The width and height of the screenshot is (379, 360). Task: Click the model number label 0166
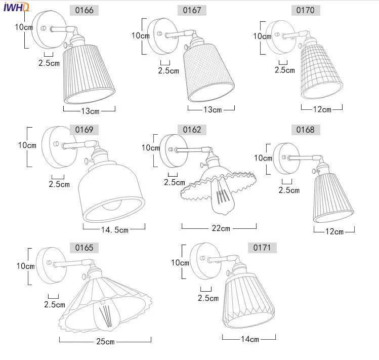click(84, 11)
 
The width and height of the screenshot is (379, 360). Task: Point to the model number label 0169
click(84, 130)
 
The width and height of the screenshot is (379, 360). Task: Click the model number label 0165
click(84, 248)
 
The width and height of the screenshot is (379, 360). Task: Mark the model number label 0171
click(262, 248)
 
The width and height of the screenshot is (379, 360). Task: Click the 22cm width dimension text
click(221, 228)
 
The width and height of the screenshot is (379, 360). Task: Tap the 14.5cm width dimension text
click(115, 229)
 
